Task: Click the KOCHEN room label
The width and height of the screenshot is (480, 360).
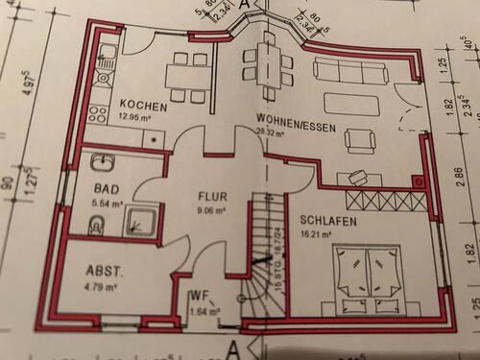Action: [145, 106]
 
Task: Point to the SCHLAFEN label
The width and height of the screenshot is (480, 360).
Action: [329, 220]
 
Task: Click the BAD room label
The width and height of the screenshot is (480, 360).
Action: [106, 190]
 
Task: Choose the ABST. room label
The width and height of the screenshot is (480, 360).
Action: [105, 271]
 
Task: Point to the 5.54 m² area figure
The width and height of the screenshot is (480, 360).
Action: [108, 204]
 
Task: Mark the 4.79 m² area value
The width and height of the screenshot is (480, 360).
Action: [100, 286]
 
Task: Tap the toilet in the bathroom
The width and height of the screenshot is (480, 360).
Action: [95, 227]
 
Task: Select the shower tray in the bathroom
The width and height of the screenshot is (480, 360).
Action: [143, 221]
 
